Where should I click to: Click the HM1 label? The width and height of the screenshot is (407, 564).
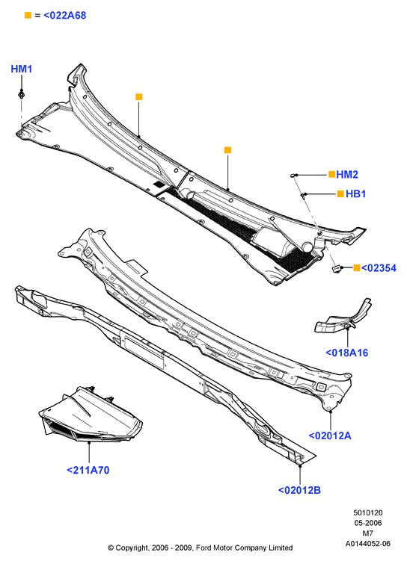(21, 69)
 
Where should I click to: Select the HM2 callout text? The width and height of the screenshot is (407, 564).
(347, 175)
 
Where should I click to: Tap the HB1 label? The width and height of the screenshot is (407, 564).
(356, 194)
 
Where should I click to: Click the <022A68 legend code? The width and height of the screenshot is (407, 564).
(65, 16)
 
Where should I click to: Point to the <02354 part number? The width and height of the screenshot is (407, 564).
(379, 268)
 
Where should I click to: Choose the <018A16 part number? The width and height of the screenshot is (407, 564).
(347, 353)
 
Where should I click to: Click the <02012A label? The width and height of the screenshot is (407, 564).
(330, 436)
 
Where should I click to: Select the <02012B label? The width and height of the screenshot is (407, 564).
(299, 490)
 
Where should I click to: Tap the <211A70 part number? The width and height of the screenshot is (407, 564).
(88, 470)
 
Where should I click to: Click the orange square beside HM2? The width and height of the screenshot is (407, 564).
(331, 175)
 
